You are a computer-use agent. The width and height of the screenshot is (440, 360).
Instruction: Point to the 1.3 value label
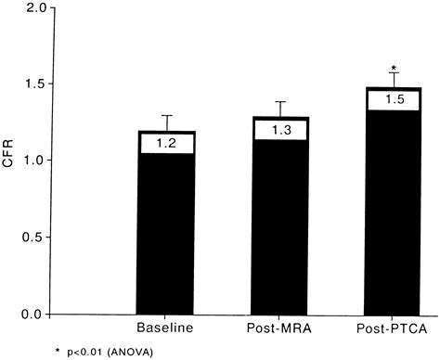[x=280, y=131]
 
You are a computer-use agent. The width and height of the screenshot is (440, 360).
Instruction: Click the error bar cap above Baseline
[x=167, y=116]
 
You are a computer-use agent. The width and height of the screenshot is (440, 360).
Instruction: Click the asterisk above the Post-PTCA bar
[x=394, y=68]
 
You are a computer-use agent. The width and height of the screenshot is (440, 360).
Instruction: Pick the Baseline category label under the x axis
[x=167, y=329]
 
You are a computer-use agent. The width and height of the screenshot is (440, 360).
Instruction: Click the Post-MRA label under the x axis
[x=280, y=329]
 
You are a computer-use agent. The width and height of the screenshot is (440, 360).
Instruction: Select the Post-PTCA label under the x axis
[x=394, y=329]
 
